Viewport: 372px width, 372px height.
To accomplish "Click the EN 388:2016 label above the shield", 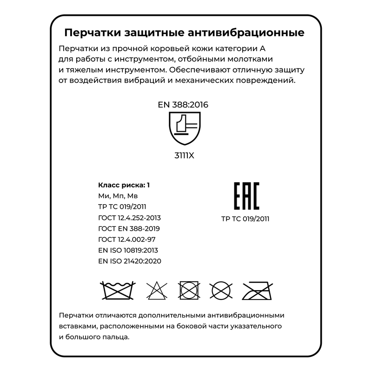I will (183, 105).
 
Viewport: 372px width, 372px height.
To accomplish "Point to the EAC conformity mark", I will (246, 196).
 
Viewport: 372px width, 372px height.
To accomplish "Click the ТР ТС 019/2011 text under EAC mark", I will (246, 219).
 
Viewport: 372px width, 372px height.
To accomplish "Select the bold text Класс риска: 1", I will (124, 185).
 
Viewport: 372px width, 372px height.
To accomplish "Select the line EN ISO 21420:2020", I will (130, 261).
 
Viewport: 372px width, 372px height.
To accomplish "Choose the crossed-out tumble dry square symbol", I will (189, 291).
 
